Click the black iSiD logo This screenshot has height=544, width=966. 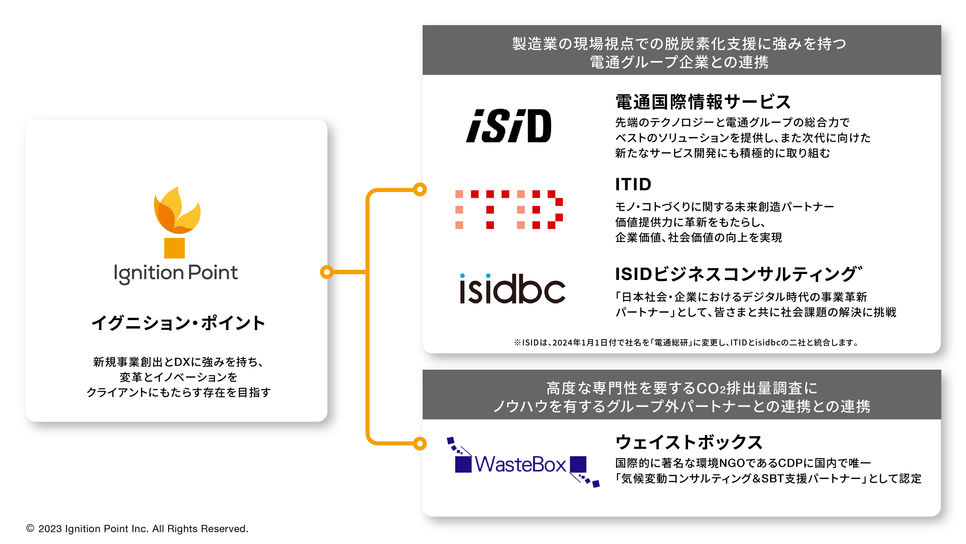coord(509,126)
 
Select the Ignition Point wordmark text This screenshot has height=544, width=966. coord(176,273)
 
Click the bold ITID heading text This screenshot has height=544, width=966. coord(633,184)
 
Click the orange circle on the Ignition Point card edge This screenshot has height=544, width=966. coord(327,272)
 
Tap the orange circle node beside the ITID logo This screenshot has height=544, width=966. coord(420,190)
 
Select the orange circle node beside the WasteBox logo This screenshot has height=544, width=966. coord(420,443)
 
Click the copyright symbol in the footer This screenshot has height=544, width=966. coord(30,528)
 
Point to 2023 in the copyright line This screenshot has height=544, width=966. coord(50,529)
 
